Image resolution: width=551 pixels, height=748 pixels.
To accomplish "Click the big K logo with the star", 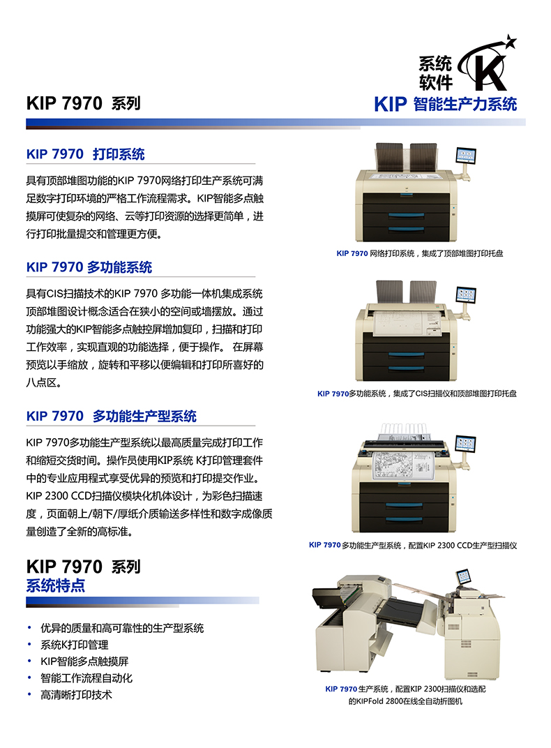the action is point(487,64).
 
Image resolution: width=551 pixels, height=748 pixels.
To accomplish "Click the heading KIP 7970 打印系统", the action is point(85,154).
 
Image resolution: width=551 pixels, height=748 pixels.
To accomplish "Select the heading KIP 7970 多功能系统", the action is point(89,267).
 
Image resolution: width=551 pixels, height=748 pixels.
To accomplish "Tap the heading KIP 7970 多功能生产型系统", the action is point(111,416).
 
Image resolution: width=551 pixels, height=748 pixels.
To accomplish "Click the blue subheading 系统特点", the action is point(55,585).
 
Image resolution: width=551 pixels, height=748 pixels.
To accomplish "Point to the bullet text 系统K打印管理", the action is point(75,645).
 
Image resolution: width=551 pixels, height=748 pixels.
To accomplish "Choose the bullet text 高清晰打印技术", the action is point(76,695).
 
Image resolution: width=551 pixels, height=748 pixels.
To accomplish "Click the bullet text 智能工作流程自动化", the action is point(86,678).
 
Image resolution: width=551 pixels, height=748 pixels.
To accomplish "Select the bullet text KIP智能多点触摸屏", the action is point(84,661).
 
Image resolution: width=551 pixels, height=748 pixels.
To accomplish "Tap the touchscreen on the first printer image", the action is point(466,156).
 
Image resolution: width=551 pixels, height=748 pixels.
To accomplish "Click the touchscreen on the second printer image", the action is point(466,295).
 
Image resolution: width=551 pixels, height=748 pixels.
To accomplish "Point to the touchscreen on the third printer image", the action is point(465,444).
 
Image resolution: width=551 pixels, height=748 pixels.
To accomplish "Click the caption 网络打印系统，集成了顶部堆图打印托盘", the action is point(436,253).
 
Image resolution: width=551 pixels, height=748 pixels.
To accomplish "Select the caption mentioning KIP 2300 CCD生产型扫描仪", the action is point(413,545).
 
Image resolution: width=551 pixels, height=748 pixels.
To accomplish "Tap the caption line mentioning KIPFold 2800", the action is point(405,701).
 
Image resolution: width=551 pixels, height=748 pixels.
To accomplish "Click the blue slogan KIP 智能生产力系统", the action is point(446,104).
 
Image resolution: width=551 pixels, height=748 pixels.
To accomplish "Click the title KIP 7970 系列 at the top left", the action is point(84,103).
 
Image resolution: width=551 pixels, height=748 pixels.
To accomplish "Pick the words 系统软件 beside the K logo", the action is point(435,73).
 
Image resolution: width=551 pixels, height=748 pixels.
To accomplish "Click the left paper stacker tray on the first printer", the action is point(389,157).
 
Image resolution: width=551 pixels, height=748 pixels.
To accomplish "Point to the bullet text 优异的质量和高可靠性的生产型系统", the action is point(122,628).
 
